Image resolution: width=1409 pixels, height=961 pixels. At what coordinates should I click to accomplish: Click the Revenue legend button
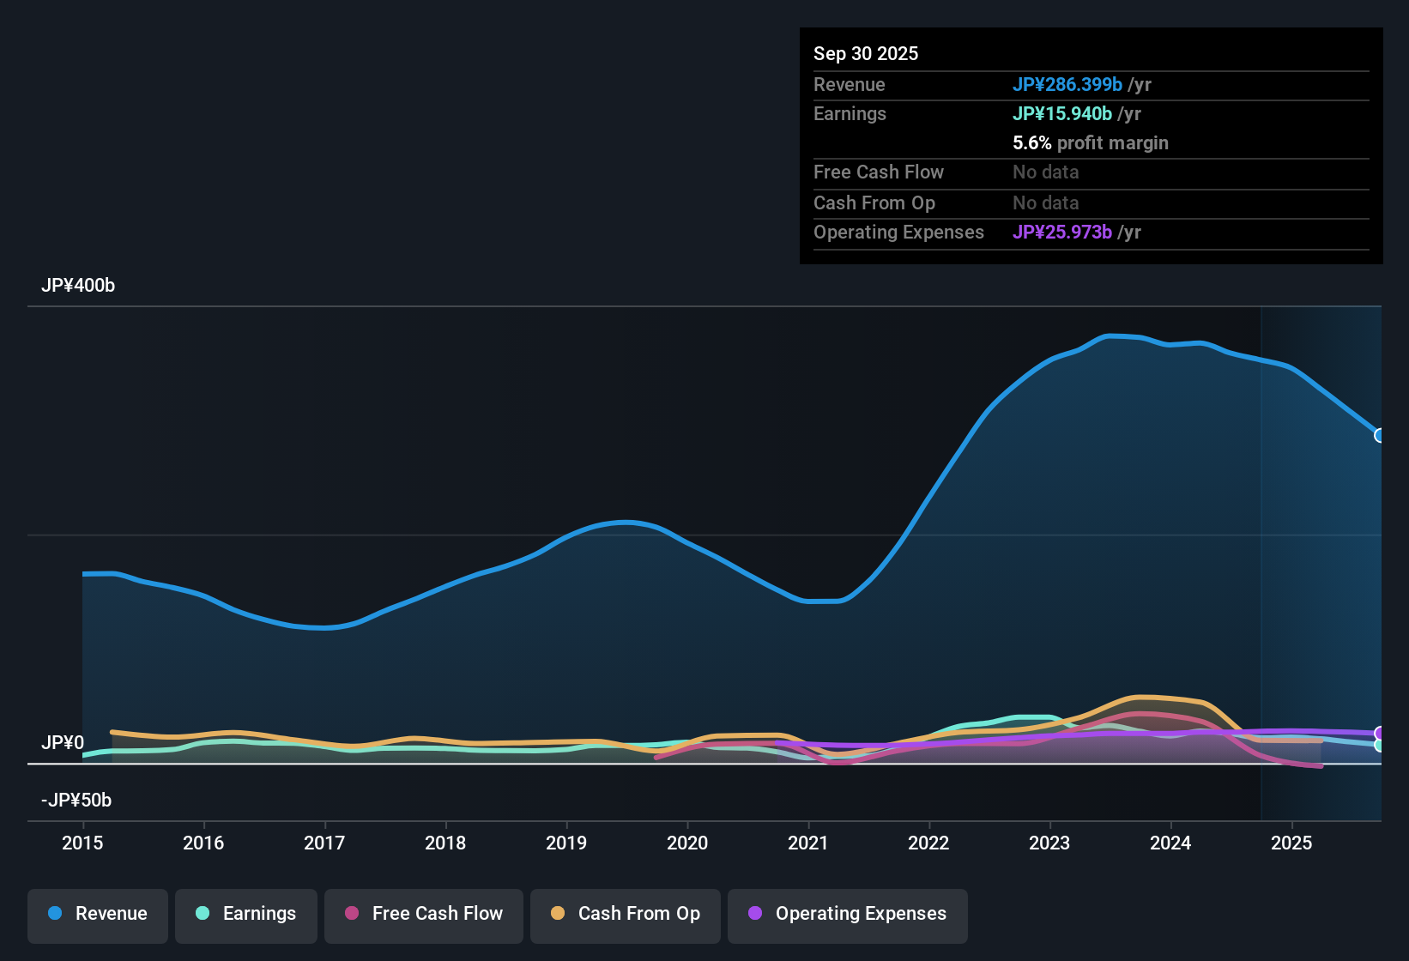click(x=98, y=914)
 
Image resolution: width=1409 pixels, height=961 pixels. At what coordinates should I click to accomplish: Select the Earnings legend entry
click(x=246, y=914)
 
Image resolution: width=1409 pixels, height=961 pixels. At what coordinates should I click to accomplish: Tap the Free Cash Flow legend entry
click(x=424, y=914)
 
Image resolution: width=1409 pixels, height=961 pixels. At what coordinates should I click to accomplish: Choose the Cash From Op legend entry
click(x=626, y=914)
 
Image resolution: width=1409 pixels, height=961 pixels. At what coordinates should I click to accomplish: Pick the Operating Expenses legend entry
click(x=848, y=914)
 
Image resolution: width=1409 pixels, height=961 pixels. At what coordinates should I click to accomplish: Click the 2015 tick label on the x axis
click(x=82, y=843)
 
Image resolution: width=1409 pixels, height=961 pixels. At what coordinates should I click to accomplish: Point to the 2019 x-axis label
click(x=566, y=843)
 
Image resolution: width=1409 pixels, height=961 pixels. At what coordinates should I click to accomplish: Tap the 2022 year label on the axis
click(x=928, y=843)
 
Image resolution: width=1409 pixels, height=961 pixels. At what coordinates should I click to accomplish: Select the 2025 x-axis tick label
click(x=1291, y=843)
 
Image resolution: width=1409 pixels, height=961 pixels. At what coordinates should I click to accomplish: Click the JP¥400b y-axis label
click(x=78, y=286)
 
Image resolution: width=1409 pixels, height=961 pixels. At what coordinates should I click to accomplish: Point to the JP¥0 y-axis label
click(x=63, y=743)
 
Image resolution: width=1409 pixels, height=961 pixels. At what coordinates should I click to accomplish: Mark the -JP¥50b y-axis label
click(x=76, y=801)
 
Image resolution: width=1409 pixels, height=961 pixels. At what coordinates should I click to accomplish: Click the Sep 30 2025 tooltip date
click(x=866, y=54)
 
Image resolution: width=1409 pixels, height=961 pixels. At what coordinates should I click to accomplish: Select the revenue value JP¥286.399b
click(x=1067, y=85)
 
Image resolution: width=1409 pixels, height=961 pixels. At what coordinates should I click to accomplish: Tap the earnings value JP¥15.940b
click(x=1062, y=114)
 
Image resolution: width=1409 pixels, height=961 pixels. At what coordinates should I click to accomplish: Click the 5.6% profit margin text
click(x=1091, y=143)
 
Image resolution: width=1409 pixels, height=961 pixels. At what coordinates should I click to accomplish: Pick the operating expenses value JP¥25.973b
click(x=1062, y=233)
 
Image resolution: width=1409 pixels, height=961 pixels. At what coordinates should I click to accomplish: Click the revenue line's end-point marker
click(x=1380, y=435)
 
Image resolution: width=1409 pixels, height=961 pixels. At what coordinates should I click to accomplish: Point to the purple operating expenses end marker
click(x=1380, y=733)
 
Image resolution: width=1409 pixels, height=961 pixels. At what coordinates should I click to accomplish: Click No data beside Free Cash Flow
click(x=1046, y=172)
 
